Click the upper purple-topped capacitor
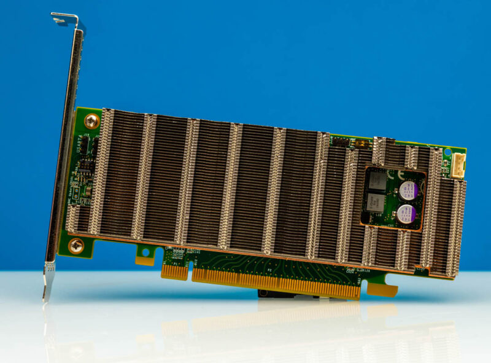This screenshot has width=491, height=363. click(x=407, y=190)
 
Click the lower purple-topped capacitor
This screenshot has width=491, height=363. click(x=405, y=214)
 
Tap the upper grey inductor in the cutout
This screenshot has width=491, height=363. click(x=377, y=180)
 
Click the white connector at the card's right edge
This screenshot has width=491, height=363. click(x=458, y=165)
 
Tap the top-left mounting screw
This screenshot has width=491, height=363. click(x=91, y=120)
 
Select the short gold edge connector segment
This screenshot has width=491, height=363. click(x=174, y=271)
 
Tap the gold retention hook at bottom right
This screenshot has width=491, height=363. click(x=382, y=287)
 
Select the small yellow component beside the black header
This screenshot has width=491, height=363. click(x=361, y=142)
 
